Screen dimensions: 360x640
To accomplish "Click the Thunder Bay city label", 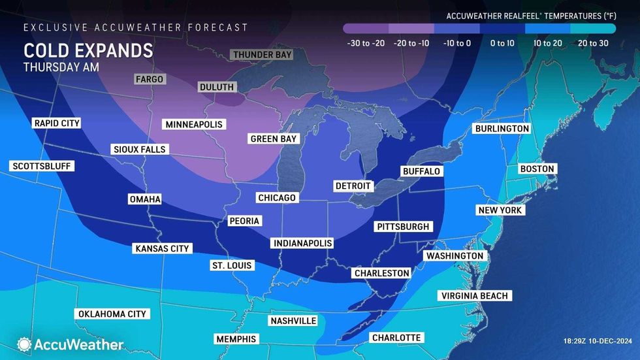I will click(x=262, y=54).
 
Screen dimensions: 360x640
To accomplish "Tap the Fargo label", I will click(x=150, y=79).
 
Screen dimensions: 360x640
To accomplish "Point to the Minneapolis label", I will click(x=194, y=124).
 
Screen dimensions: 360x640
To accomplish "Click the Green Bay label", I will click(x=274, y=139).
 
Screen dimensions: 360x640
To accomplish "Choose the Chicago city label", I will click(x=277, y=197).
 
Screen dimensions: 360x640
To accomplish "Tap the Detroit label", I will click(x=352, y=186).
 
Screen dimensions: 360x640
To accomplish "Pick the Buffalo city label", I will click(x=421, y=171).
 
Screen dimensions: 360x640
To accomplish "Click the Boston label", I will click(x=537, y=169).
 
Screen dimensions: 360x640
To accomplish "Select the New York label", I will click(x=500, y=210).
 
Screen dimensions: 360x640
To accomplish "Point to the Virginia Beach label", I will click(x=474, y=296).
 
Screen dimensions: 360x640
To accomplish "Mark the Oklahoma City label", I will click(x=112, y=314).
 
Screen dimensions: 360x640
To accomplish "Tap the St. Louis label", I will click(x=232, y=265).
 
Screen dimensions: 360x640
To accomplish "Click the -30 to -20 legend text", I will click(x=366, y=43).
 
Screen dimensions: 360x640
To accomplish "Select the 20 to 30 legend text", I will click(x=592, y=43).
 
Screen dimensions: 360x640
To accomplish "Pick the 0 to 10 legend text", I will click(x=502, y=43).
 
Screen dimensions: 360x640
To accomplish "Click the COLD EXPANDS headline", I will click(x=88, y=50).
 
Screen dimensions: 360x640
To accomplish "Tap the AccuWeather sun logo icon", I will click(x=24, y=344).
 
